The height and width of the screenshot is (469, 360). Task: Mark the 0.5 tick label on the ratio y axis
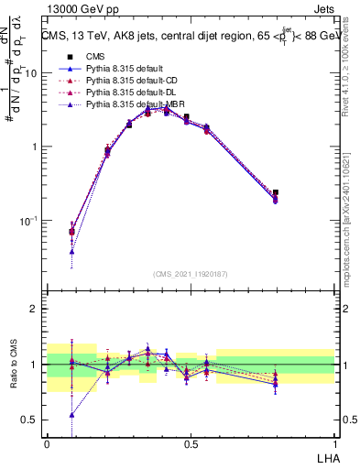(x=32, y=420)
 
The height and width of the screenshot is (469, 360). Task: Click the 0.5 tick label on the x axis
(x=191, y=444)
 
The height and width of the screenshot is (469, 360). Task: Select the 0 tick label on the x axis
(x=47, y=444)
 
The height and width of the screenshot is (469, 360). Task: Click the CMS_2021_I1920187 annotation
(x=191, y=273)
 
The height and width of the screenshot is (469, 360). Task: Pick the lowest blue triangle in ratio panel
(x=71, y=414)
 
